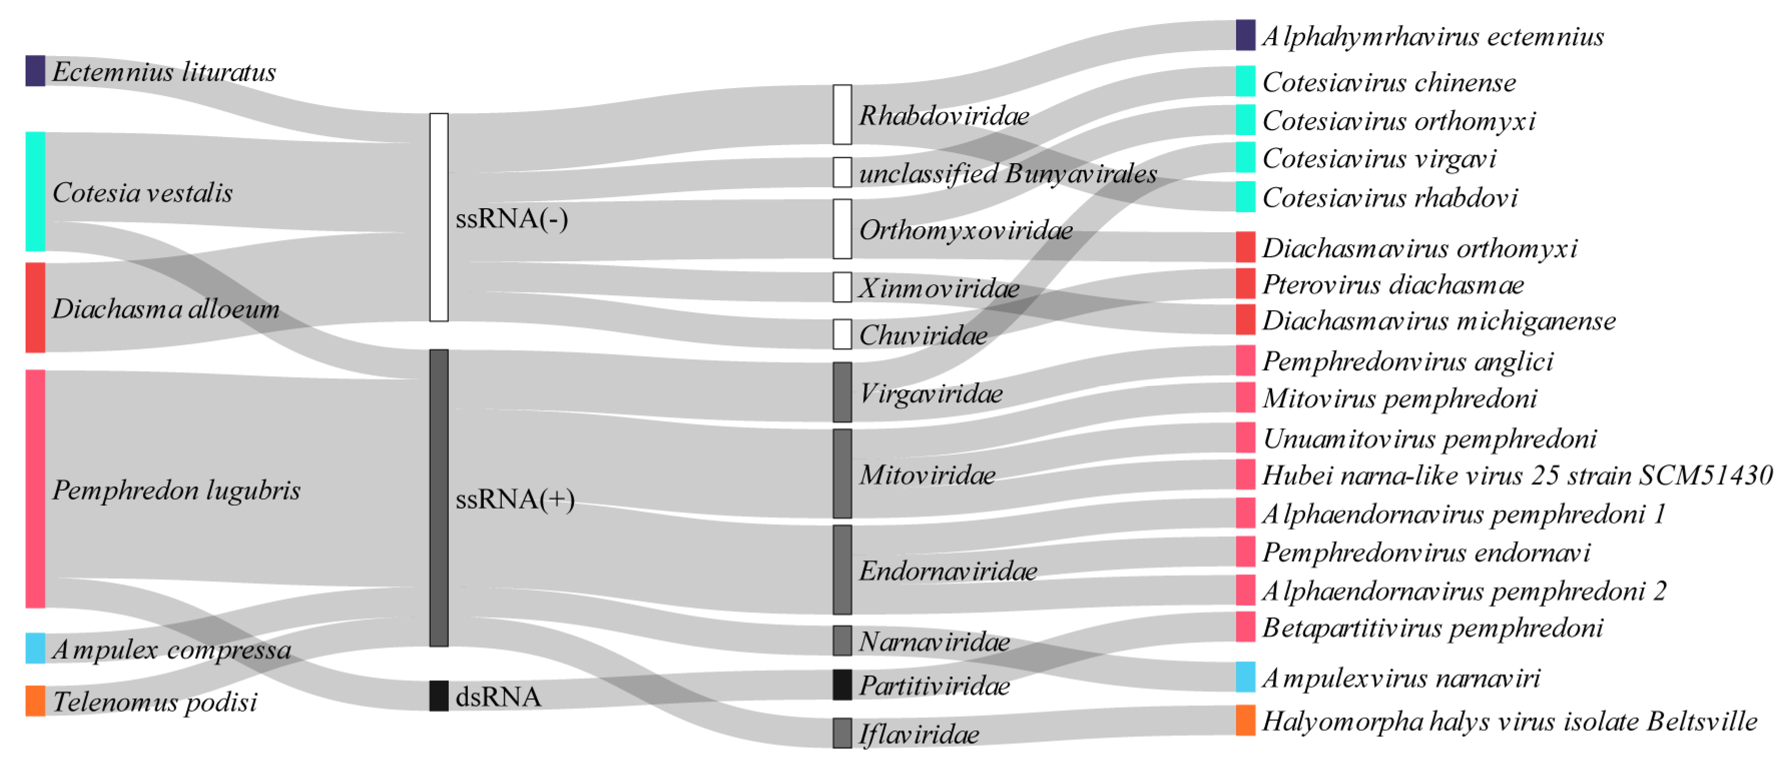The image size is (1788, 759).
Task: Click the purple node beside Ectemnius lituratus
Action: coord(36,71)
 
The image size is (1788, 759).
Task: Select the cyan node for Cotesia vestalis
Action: coord(36,191)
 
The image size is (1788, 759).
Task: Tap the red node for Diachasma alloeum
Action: coord(36,307)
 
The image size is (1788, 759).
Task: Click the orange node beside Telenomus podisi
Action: coord(36,701)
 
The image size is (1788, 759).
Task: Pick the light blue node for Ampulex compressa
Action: coord(36,648)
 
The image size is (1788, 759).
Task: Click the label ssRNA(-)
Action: coord(511,219)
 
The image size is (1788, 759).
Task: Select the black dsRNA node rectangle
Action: coord(439,696)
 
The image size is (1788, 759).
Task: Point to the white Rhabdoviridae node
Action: coord(842,115)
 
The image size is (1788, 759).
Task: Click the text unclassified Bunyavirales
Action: coord(1007,173)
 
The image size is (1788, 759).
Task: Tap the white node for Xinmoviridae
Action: coord(842,287)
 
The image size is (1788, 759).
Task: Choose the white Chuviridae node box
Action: coord(842,334)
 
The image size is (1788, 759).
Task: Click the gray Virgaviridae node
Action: coord(842,392)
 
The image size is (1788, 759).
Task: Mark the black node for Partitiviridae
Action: coord(842,685)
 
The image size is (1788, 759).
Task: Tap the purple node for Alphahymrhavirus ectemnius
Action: coord(1245,35)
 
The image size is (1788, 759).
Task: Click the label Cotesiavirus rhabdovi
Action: coord(1390,198)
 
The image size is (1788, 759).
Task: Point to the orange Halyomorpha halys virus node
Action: coord(1245,720)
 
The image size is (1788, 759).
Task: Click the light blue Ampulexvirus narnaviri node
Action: coord(1245,677)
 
